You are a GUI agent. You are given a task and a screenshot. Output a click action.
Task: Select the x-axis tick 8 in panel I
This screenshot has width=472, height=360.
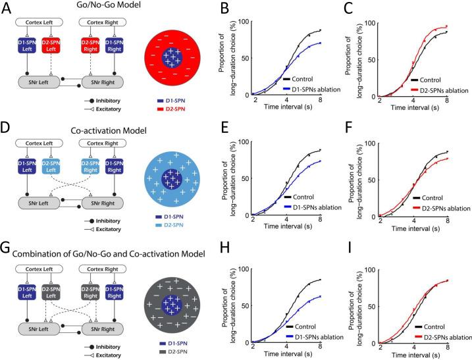[x=448, y=349]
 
